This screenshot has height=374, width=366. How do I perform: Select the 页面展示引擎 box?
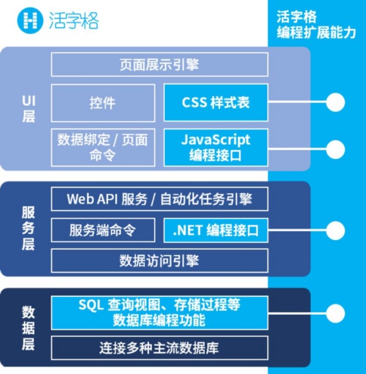click(159, 64)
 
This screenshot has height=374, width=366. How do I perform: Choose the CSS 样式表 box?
click(216, 103)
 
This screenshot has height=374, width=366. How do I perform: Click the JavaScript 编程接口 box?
click(216, 147)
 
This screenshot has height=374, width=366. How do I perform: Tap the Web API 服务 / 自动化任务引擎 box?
click(159, 199)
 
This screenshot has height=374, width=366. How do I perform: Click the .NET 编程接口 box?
click(216, 230)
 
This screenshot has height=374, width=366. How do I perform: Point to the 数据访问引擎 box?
click(159, 261)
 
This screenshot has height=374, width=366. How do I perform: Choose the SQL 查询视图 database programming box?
click(159, 311)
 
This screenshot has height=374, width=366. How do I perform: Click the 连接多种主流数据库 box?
click(159, 348)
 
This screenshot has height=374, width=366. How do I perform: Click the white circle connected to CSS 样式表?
click(335, 102)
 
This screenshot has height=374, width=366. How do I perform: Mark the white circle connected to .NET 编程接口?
click(335, 230)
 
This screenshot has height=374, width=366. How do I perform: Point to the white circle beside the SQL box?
click(335, 311)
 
